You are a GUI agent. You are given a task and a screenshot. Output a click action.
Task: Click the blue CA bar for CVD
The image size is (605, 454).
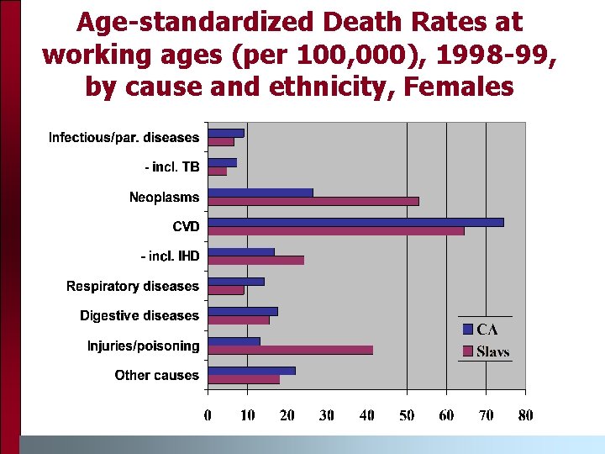pyautogui.click(x=355, y=222)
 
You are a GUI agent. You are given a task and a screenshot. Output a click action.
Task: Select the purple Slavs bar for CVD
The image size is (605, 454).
pyautogui.click(x=335, y=230)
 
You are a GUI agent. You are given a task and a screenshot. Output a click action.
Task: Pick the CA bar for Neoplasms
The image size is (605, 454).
pyautogui.click(x=260, y=193)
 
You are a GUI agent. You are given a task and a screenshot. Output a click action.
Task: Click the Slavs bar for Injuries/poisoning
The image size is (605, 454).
pyautogui.click(x=290, y=350)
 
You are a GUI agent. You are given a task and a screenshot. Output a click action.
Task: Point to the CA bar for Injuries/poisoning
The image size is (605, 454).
pyautogui.click(x=234, y=341)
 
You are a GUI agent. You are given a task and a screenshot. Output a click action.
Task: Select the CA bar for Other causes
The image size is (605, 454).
pyautogui.click(x=251, y=371)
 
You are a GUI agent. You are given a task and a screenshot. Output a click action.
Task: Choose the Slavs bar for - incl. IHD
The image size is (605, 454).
pyautogui.click(x=255, y=261)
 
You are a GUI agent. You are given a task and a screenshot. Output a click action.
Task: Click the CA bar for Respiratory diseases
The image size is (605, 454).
pyautogui.click(x=235, y=282)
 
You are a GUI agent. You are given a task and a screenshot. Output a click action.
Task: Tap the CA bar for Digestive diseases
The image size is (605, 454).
pyautogui.click(x=242, y=311)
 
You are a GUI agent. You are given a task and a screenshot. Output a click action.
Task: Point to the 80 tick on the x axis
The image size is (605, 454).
pyautogui.click(x=525, y=414)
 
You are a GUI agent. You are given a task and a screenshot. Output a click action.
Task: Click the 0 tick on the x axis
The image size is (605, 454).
pyautogui.click(x=208, y=414)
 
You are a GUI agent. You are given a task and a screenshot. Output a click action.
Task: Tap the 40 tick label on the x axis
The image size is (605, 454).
pyautogui.click(x=366, y=414)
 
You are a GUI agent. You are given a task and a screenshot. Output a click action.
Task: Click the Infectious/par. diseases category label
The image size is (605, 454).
pyautogui.click(x=124, y=137)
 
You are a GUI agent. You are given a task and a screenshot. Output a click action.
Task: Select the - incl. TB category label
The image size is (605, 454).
pyautogui.click(x=172, y=167)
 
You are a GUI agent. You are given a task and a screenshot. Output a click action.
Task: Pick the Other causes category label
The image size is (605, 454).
pyautogui.click(x=157, y=375)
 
